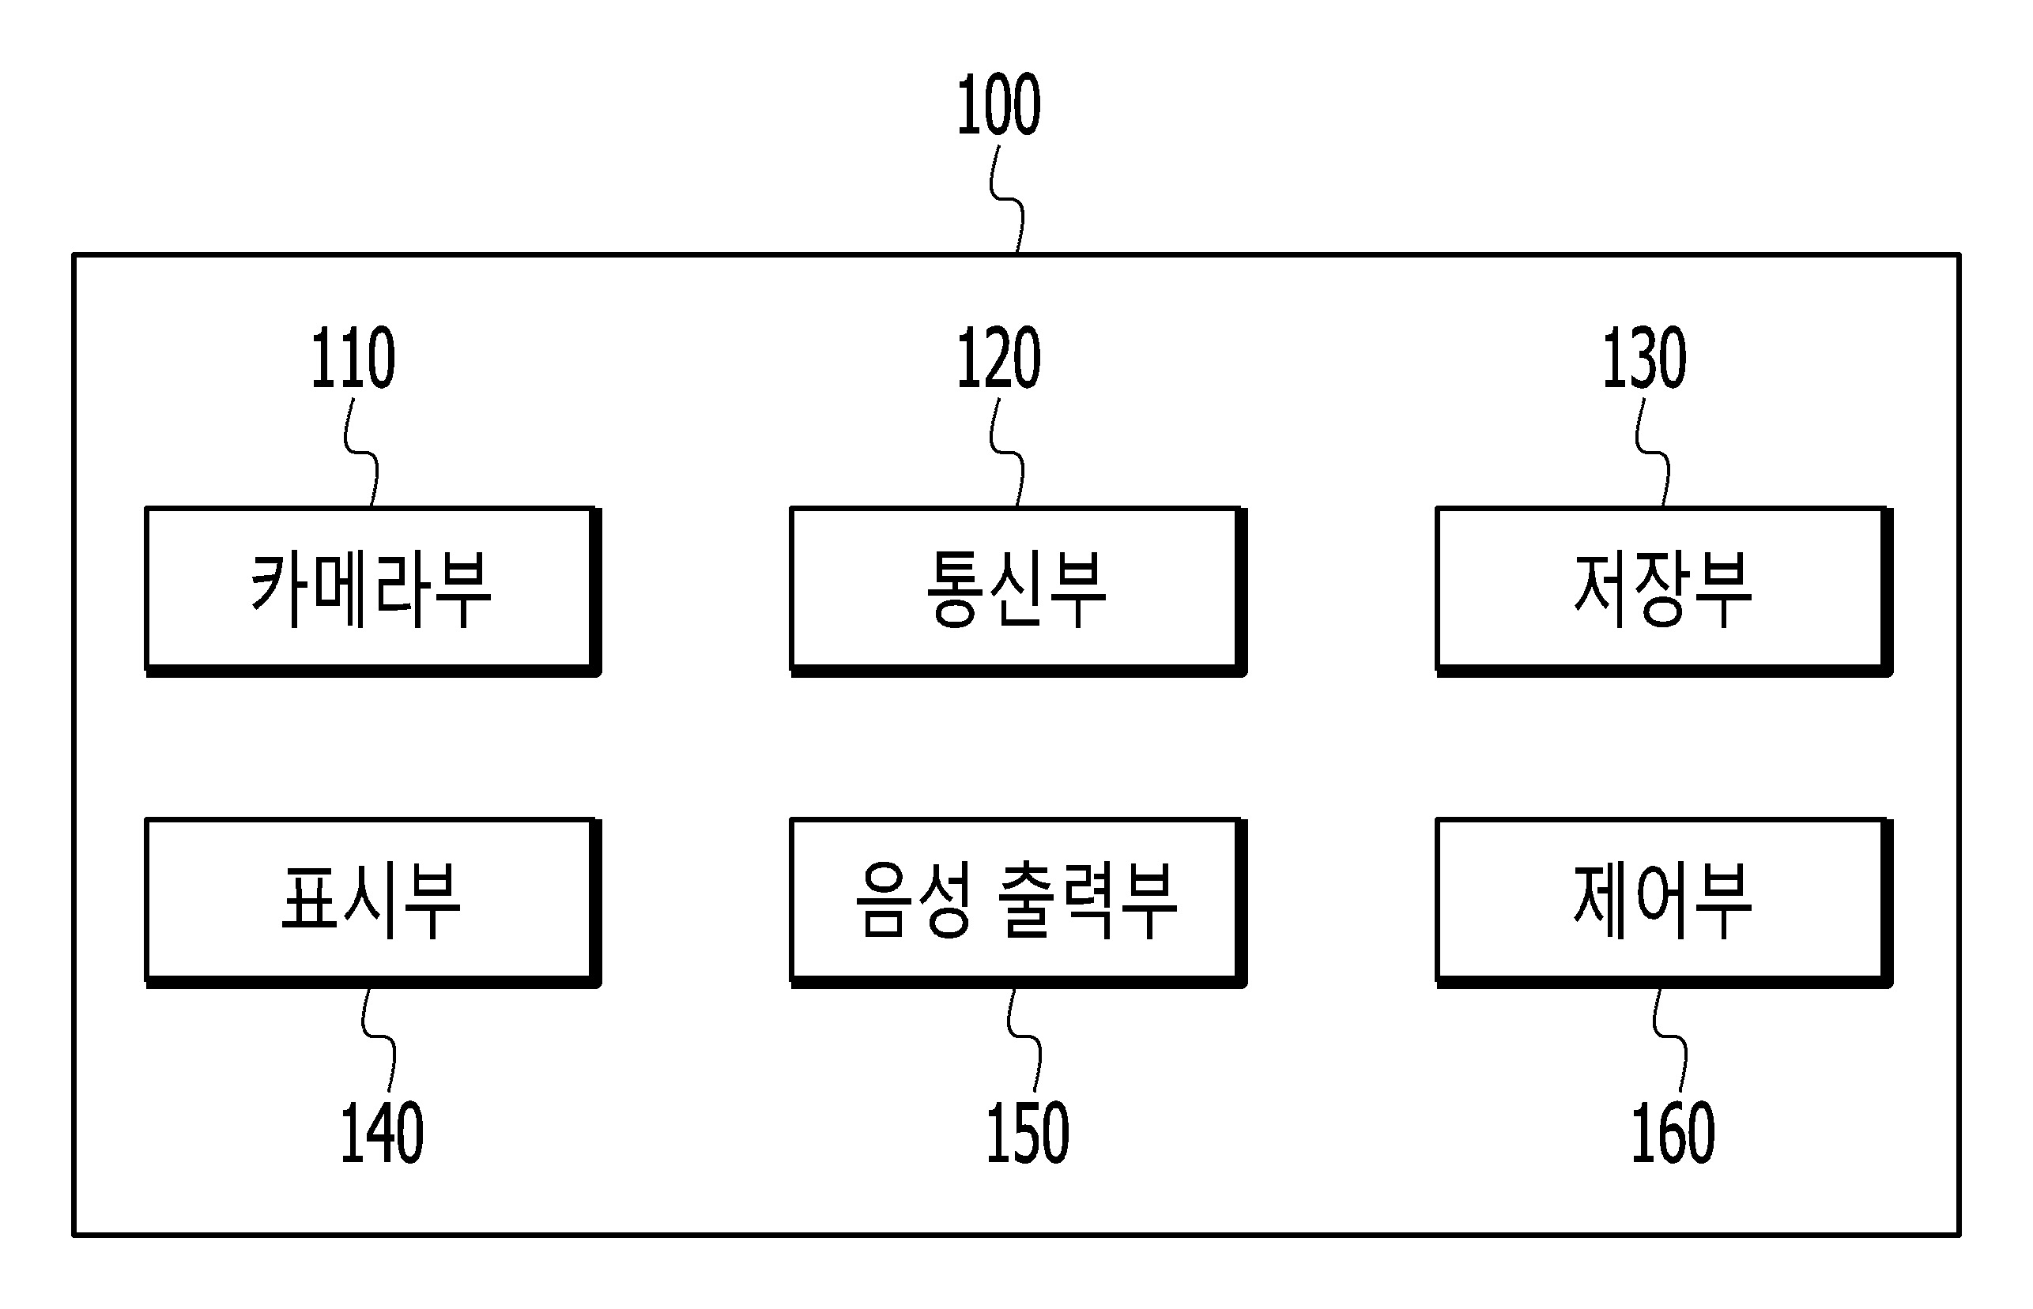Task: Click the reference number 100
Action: pos(998,104)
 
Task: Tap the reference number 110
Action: pos(353,358)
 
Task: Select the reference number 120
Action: pos(998,358)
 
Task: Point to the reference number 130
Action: pos(1644,358)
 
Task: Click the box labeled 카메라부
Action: pos(372,592)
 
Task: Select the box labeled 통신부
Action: pos(1018,592)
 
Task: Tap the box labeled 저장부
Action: pos(1664,592)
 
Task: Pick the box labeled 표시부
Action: pos(372,903)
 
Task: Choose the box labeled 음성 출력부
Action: pos(1018,903)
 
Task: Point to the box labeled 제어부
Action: pos(1664,903)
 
